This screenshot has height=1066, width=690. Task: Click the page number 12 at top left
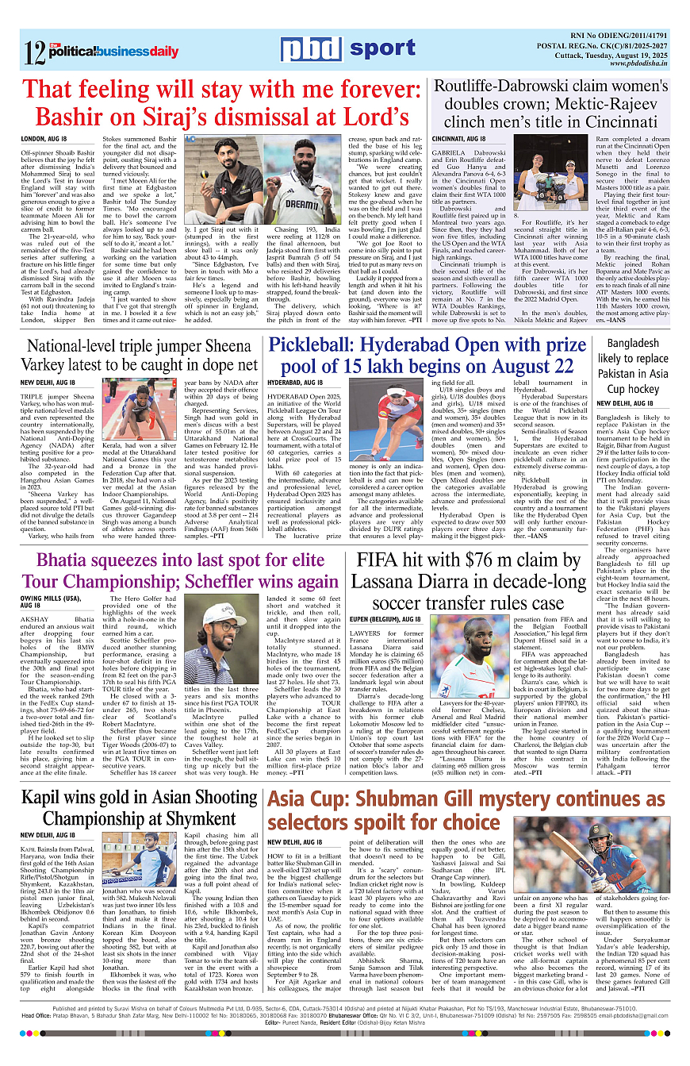(34, 52)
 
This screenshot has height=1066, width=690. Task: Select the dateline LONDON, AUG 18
(43, 139)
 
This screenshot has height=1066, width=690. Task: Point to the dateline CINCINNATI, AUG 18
(458, 139)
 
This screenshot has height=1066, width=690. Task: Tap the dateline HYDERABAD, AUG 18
(295, 383)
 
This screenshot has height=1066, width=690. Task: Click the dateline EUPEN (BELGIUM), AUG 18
(398, 618)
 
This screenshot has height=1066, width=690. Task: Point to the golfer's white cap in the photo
(223, 615)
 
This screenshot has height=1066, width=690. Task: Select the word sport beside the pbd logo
(382, 49)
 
